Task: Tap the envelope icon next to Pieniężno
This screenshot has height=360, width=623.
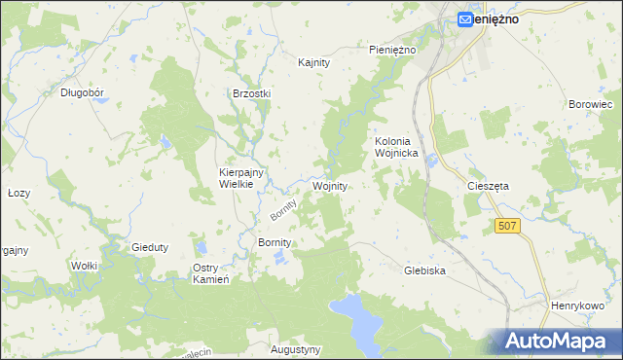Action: (x=465, y=18)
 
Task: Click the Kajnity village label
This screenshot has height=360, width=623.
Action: (x=314, y=62)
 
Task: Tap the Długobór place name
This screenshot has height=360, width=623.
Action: (x=82, y=93)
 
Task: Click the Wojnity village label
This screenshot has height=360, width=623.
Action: (x=330, y=185)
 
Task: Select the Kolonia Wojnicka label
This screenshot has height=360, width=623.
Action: (x=396, y=147)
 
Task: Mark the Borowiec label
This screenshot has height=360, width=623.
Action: (x=588, y=102)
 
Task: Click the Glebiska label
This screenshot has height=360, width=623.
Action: (x=424, y=271)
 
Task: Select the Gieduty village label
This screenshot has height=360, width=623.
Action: (x=150, y=247)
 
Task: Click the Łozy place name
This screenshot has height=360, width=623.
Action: (x=18, y=193)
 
